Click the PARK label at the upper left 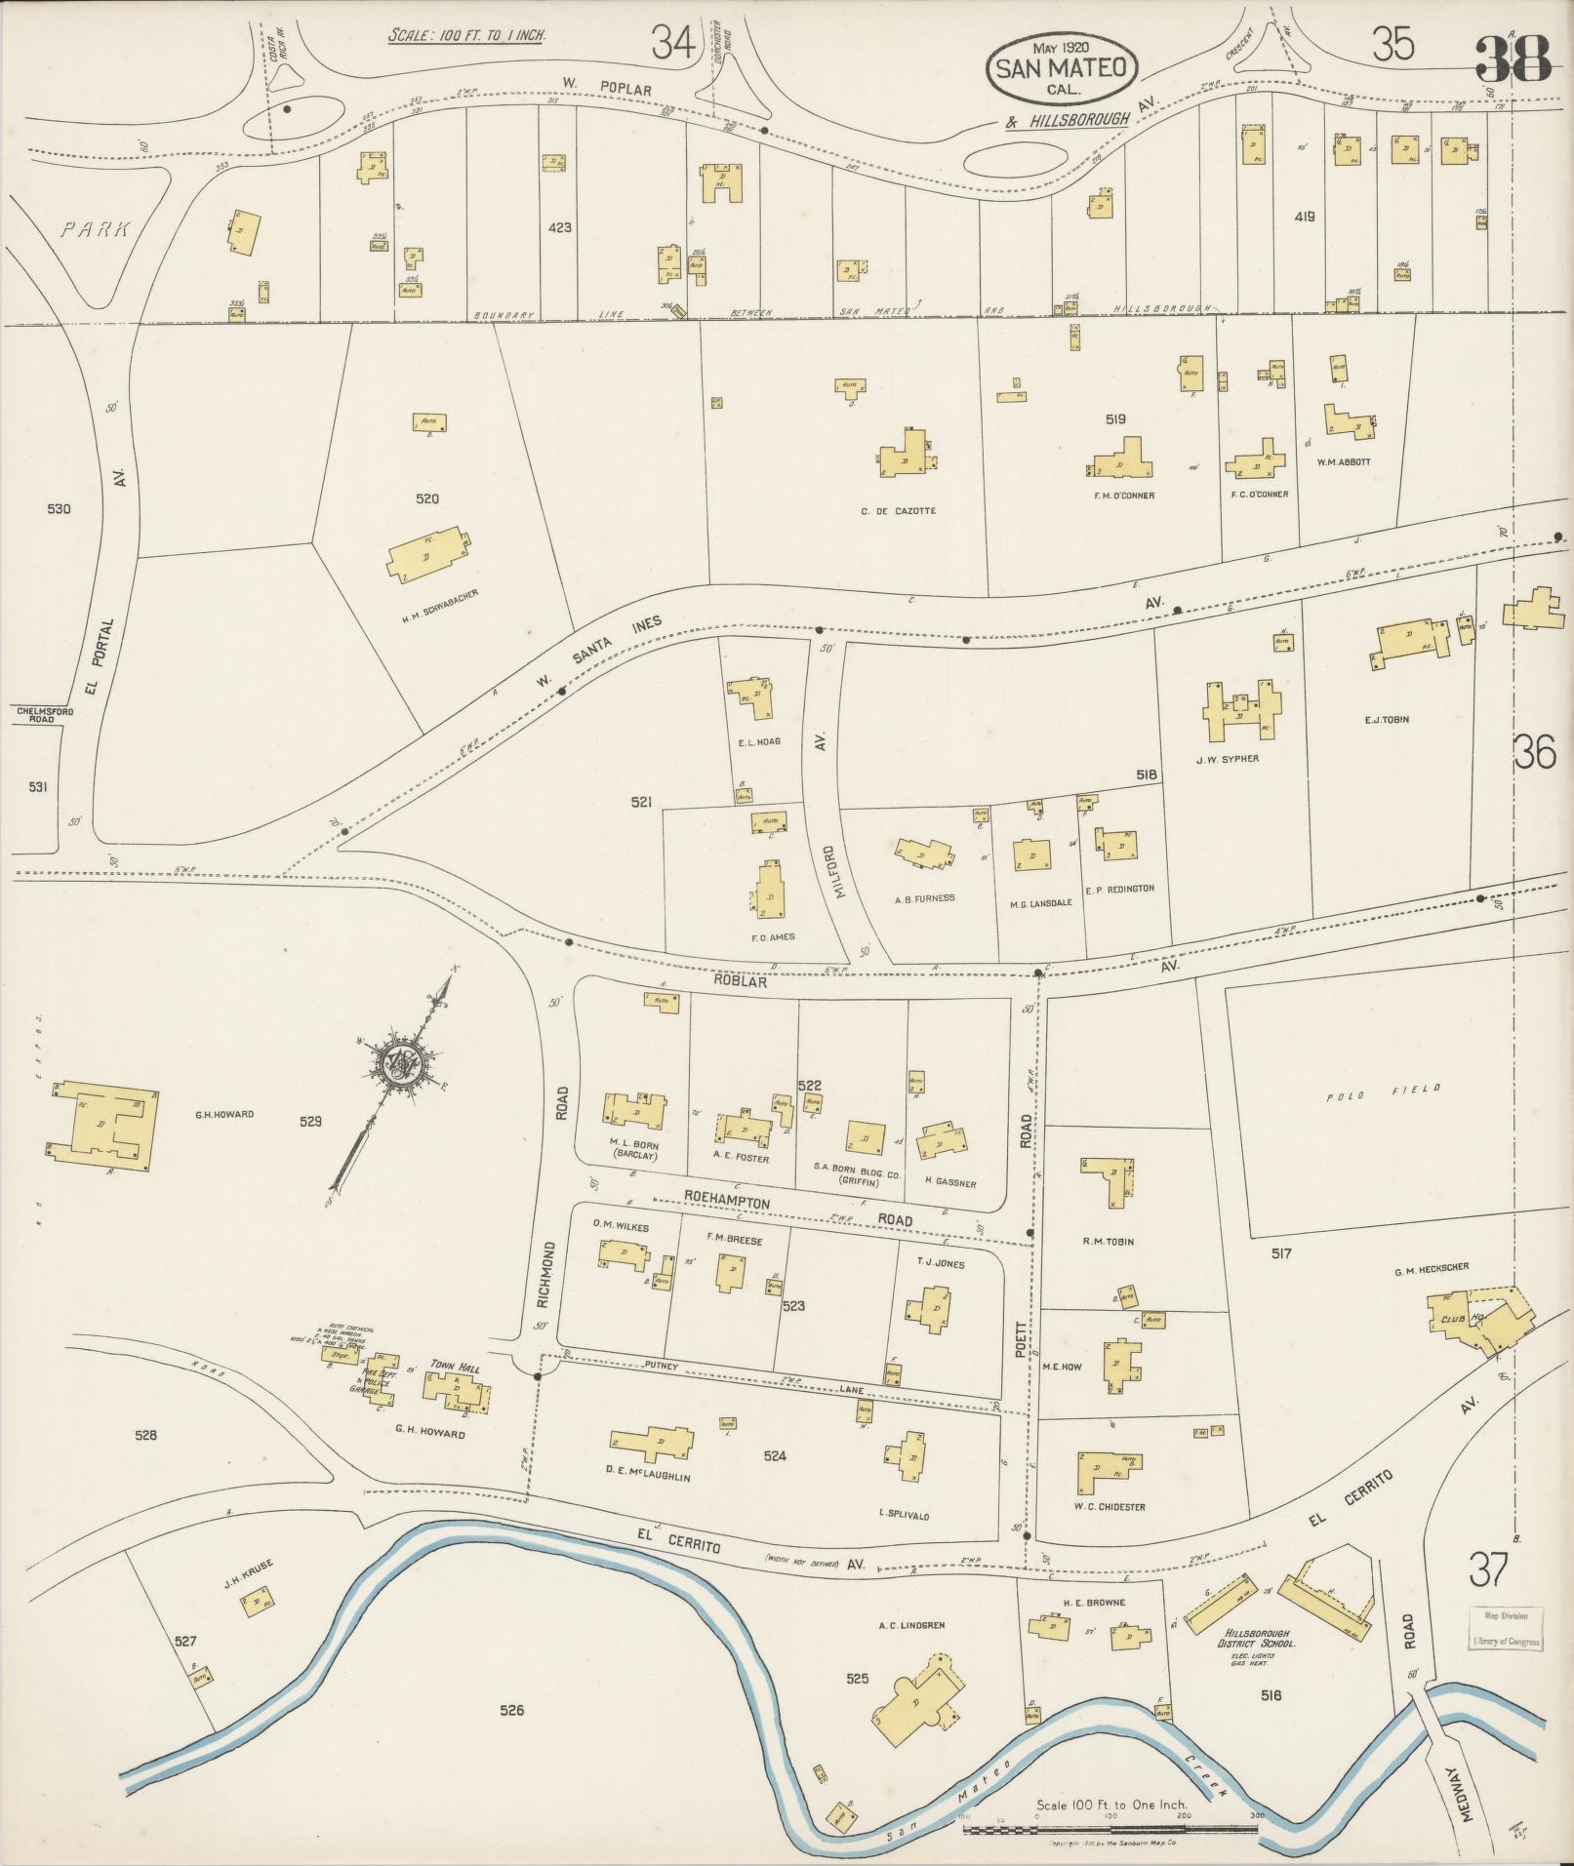(x=95, y=229)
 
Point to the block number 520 (x=426, y=498)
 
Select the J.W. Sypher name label (x=1228, y=758)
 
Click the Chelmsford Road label (x=45, y=715)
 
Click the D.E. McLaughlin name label (x=650, y=1477)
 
